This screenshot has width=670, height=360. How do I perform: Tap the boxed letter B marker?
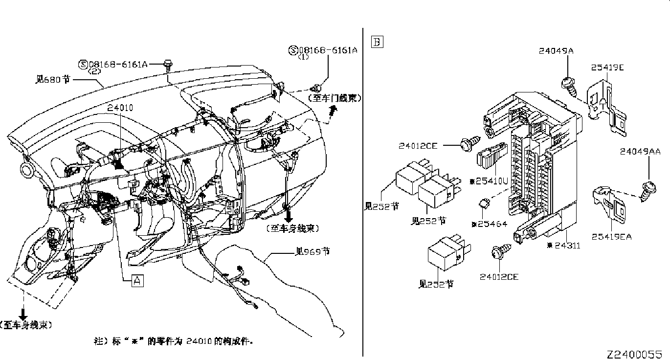point(377,42)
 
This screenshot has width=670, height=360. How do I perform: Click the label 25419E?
point(607,67)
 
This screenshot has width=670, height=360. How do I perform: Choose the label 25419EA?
point(611,237)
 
